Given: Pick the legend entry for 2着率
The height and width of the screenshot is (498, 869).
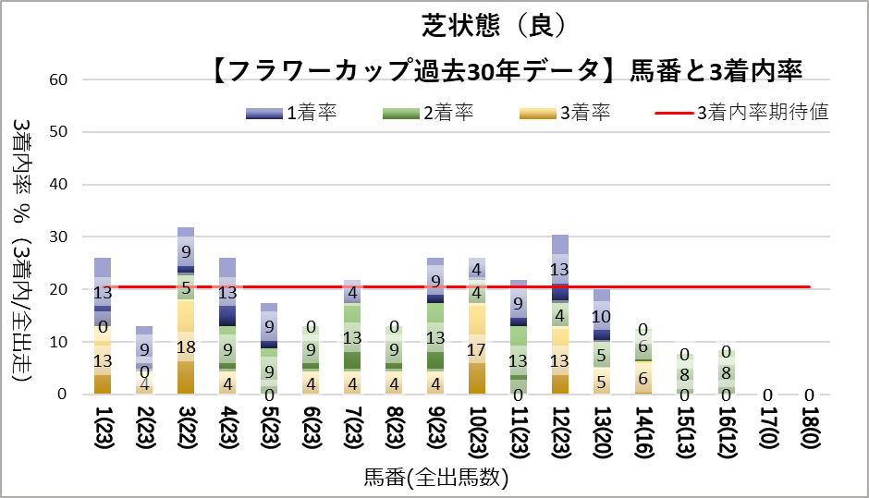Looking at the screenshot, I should point(427,114).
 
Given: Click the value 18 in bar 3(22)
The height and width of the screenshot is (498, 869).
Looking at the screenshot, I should point(186,347).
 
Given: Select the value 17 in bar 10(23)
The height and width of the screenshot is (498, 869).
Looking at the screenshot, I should point(477,350).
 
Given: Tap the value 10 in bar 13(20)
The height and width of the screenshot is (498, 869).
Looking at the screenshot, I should point(602,317).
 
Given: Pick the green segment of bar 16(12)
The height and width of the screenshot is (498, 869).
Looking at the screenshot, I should point(727,371).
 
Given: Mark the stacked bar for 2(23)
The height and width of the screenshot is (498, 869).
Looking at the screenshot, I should point(144,360).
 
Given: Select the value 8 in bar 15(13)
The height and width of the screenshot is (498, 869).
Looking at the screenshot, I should point(685,374).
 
